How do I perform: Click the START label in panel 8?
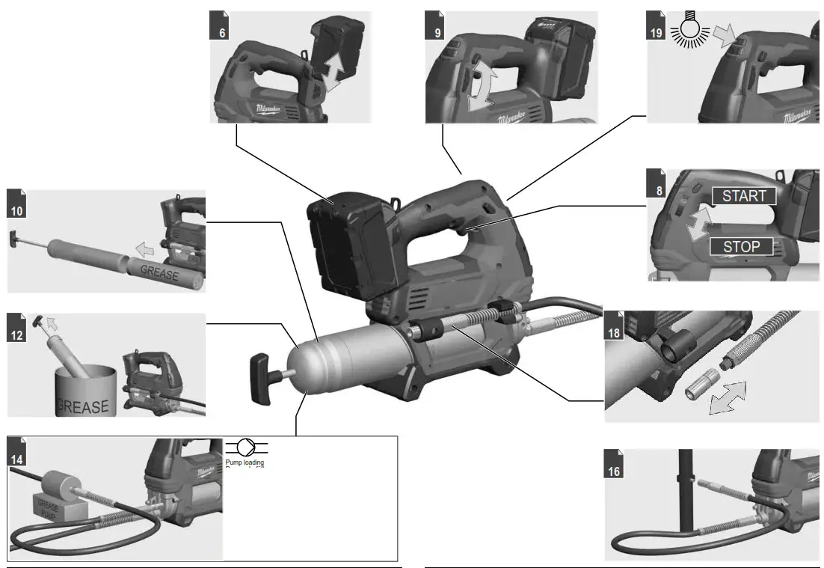click(x=744, y=196)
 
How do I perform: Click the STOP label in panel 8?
click(x=741, y=247)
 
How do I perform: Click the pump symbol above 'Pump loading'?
click(x=245, y=448)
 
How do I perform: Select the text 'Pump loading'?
click(x=245, y=462)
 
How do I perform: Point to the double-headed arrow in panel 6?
click(x=330, y=71)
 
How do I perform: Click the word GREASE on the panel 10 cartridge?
click(x=159, y=275)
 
